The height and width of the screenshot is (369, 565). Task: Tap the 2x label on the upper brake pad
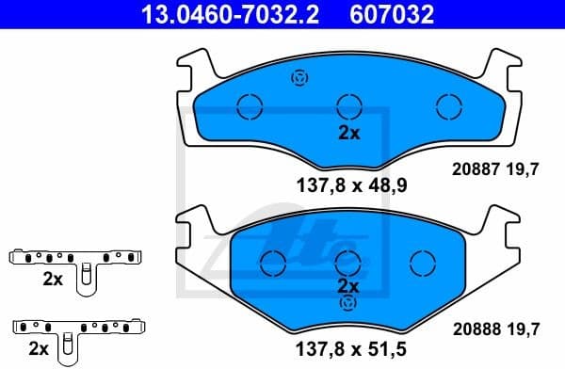point(348,134)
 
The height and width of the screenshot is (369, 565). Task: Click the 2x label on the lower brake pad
point(348,285)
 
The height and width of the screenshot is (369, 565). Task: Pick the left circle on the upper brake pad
point(250,106)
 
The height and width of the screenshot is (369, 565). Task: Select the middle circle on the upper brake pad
point(348,106)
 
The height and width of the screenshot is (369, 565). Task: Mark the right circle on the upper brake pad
point(446,106)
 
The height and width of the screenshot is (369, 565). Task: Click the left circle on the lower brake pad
point(273,261)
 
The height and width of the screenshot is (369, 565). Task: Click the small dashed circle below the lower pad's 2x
point(348,303)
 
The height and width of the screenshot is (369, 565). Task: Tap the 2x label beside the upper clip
point(52,280)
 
